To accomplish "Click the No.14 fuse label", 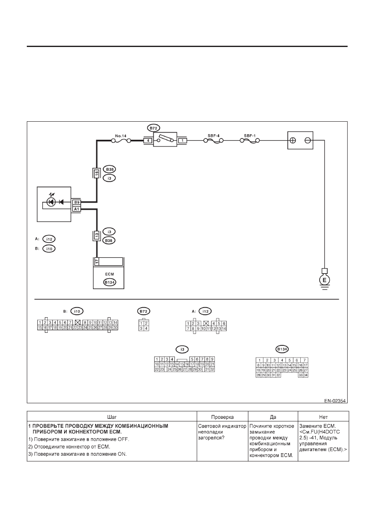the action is (121, 136).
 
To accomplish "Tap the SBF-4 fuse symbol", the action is (214, 141).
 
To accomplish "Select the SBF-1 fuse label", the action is (250, 136).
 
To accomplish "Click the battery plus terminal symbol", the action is (293, 140).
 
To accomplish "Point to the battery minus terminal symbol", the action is (307, 140).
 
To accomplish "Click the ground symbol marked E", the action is (325, 280).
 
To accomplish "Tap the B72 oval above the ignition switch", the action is (153, 128).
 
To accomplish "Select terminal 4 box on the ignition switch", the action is (148, 141).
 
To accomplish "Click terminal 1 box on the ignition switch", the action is (182, 141).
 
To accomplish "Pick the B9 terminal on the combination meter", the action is (77, 202).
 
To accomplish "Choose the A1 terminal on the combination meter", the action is (77, 209).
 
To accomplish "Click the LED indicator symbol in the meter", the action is (51, 202).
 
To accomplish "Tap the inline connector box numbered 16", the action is (97, 174).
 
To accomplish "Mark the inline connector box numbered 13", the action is (97, 235).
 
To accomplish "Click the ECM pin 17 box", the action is (96, 262).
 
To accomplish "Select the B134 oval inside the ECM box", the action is (110, 282).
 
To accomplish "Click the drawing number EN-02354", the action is (335, 401).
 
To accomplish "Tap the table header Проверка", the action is (222, 417).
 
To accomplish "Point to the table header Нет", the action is (323, 417).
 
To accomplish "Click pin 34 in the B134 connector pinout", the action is (306, 375).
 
